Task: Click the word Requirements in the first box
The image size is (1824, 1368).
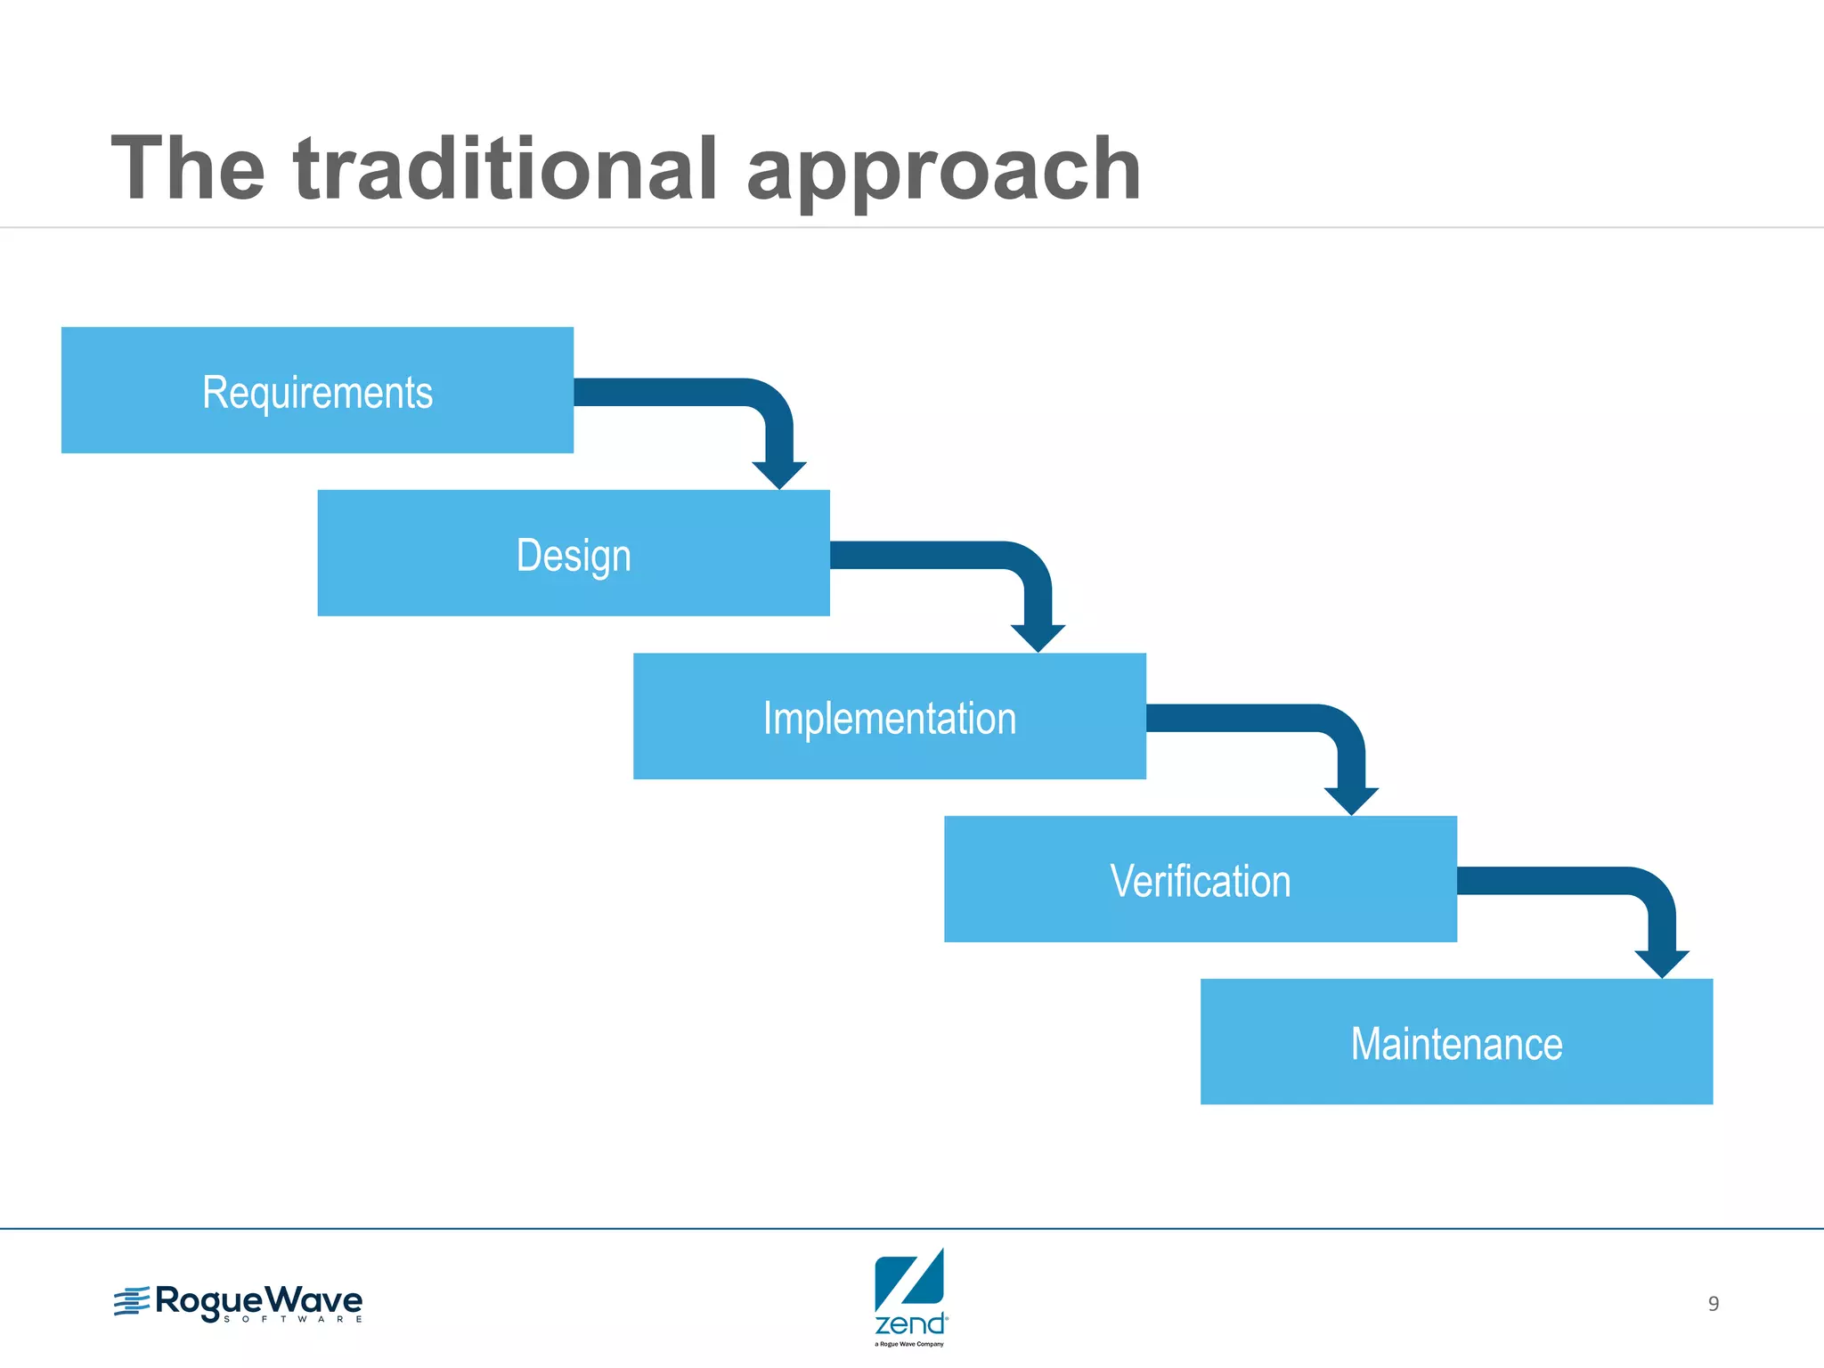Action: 317,392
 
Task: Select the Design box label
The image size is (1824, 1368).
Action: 574,555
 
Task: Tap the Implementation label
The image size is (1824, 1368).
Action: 889,718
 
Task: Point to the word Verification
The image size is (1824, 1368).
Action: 1200,881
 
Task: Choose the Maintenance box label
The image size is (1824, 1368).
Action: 1456,1044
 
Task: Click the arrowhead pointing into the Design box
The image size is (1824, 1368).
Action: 779,474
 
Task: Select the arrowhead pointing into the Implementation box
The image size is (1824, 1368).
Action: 1038,637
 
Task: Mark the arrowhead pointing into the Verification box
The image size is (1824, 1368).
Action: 1351,800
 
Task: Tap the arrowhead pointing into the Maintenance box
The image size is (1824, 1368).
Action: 1662,963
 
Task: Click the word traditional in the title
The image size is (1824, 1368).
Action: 505,169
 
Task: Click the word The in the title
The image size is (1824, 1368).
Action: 188,169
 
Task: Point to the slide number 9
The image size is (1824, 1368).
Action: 1713,1304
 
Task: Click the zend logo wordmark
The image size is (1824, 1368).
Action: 910,1323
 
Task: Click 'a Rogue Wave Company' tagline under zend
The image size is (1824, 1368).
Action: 909,1344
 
